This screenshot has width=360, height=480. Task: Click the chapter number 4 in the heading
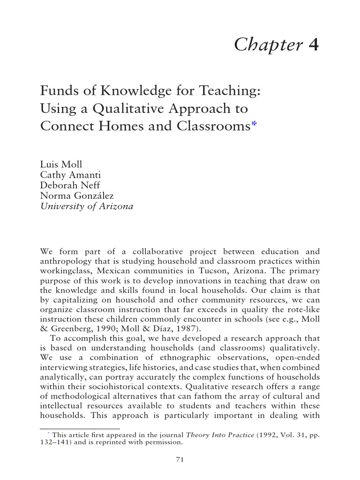(x=314, y=45)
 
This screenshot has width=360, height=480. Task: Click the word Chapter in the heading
(x=268, y=45)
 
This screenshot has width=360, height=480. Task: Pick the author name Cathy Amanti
(x=67, y=175)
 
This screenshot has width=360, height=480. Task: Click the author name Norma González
(x=77, y=196)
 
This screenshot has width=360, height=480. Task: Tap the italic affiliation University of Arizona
(x=87, y=206)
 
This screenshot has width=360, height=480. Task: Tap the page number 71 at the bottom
(x=180, y=459)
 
